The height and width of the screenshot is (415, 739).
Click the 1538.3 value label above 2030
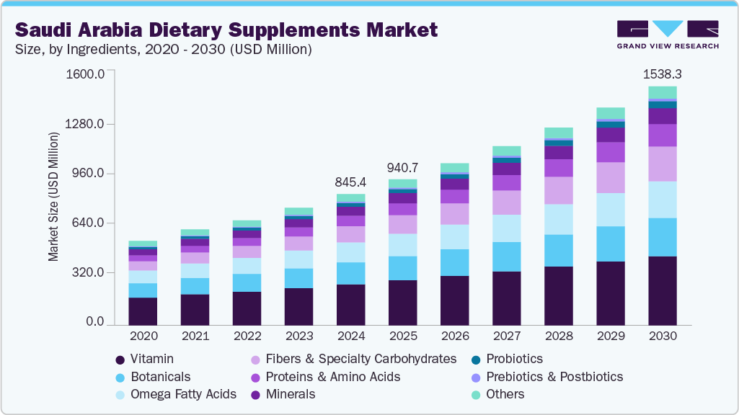[662, 74]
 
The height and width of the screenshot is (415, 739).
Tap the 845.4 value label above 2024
[350, 182]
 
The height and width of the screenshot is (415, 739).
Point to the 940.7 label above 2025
[402, 168]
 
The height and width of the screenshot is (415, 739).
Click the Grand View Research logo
[667, 34]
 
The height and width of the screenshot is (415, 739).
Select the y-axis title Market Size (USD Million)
[53, 197]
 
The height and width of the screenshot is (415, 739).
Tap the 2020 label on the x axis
[143, 336]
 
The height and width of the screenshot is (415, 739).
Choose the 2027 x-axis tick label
[506, 336]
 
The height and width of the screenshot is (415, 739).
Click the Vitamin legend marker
[120, 360]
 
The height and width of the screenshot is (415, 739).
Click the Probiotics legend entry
[514, 359]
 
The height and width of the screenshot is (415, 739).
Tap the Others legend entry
[505, 394]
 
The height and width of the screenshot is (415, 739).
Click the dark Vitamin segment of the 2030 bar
[662, 290]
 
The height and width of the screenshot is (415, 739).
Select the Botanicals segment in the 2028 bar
[558, 250]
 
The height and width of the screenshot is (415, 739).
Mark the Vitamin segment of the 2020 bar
[143, 311]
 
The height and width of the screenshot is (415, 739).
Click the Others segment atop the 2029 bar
[610, 112]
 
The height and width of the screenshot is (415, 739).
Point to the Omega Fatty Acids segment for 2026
[454, 236]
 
